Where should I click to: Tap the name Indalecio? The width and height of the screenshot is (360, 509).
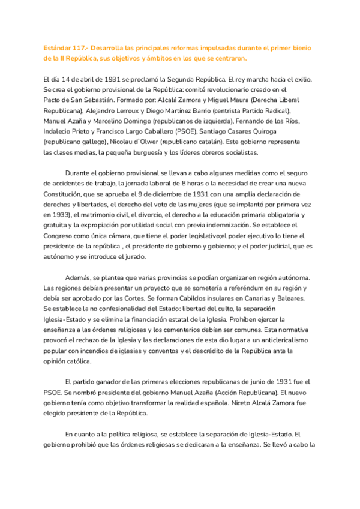pos(60,131)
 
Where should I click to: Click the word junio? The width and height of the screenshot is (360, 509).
pos(227,382)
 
